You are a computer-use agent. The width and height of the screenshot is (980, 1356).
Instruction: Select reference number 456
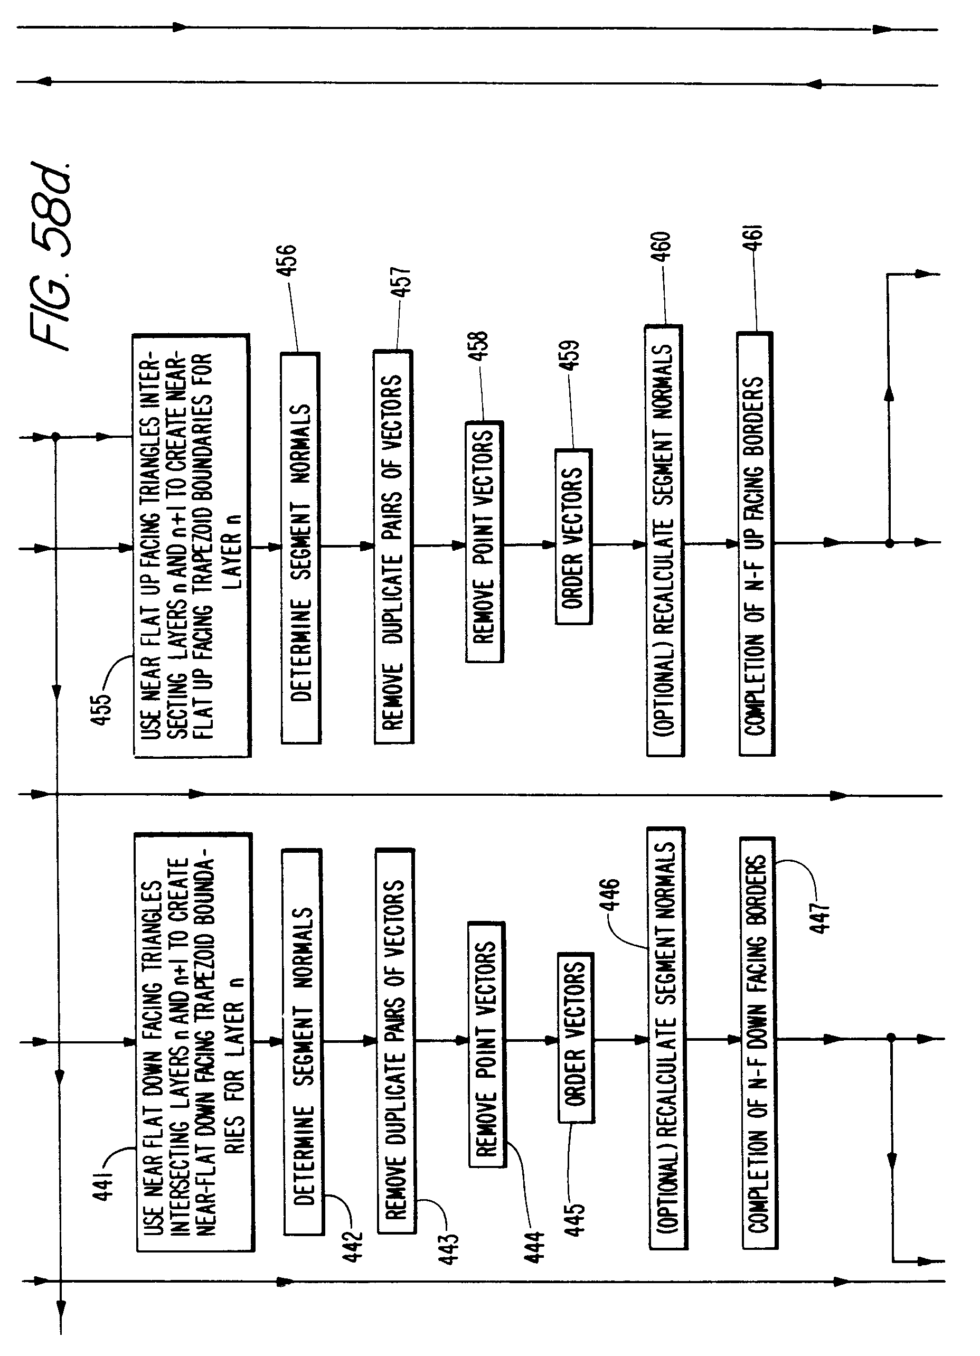pos(286,260)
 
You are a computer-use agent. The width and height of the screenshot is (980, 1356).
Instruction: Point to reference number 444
pos(534,1246)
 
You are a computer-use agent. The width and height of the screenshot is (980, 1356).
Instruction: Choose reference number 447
pos(821,917)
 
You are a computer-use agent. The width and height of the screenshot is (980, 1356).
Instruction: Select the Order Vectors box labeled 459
pos(573,536)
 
